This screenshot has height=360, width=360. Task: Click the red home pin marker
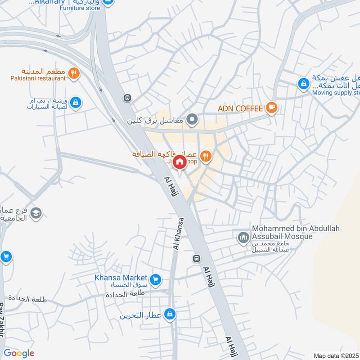click(180, 162)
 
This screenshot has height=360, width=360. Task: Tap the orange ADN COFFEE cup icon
click(271, 107)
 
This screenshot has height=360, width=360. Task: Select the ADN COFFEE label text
click(240, 108)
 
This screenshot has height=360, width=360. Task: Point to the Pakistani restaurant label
click(38, 78)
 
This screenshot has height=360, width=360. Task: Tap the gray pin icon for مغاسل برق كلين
click(193, 120)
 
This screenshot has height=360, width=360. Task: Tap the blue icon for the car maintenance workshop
click(76, 103)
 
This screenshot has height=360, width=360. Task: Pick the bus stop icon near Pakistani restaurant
click(128, 98)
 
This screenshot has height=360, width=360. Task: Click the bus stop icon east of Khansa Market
click(196, 259)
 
